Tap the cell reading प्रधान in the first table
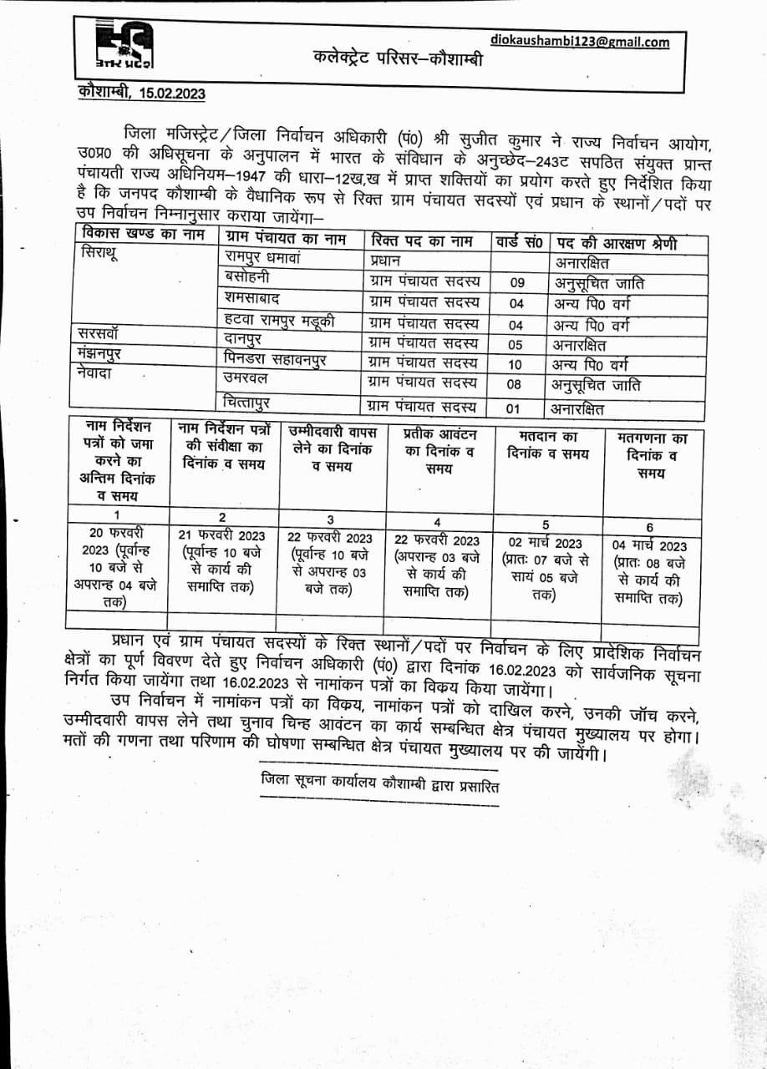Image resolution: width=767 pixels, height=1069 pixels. pyautogui.click(x=385, y=261)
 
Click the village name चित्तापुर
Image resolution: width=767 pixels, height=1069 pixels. pyautogui.click(x=258, y=404)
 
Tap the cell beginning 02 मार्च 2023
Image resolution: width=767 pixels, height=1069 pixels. pyautogui.click(x=548, y=567)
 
